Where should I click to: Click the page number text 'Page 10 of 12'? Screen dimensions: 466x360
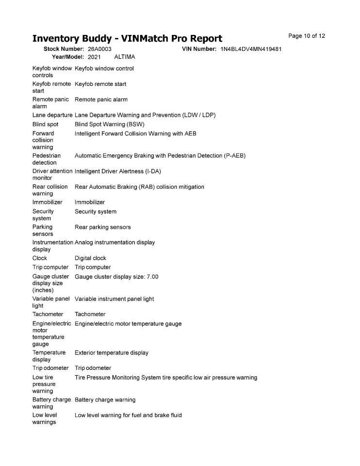pos(307,36)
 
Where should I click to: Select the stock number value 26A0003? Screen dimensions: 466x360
pos(99,49)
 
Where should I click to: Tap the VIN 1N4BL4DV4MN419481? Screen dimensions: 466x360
pos(251,49)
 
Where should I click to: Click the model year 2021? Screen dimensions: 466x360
pos(94,57)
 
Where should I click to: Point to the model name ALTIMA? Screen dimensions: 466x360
pos(125,57)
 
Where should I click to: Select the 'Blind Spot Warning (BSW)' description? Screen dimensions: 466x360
pos(110,124)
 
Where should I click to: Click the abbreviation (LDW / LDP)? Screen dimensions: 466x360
pos(199,115)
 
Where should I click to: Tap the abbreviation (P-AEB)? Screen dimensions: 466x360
pos(235,156)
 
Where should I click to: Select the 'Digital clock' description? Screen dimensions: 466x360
pos(90,258)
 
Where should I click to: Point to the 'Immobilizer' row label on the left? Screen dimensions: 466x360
pos(47,202)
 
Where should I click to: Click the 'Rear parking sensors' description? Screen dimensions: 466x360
pos(102,227)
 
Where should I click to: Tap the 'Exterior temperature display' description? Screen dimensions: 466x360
pos(112,353)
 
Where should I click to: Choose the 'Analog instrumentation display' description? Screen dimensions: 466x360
pos(115,242)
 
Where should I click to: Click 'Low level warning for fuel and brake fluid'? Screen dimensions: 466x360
pos(128,415)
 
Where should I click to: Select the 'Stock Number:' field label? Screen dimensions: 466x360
pos(64,49)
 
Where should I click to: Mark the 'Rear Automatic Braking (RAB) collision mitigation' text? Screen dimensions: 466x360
pos(139,187)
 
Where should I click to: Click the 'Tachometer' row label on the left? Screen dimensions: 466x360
pos(48,314)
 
